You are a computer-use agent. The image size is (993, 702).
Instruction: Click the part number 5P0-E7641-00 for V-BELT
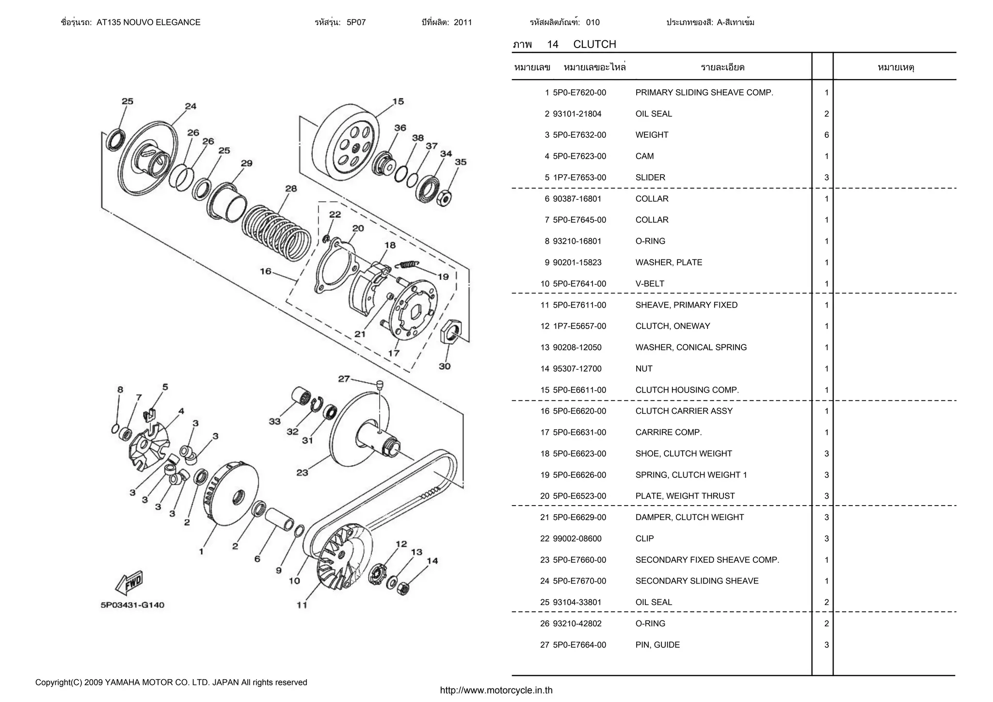tap(579, 284)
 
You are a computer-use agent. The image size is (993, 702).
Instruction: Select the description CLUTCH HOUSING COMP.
tap(687, 390)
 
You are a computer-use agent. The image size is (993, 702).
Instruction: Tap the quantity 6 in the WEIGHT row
tap(827, 135)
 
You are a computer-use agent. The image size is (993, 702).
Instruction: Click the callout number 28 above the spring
tap(291, 188)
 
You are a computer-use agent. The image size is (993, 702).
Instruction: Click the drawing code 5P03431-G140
tap(132, 605)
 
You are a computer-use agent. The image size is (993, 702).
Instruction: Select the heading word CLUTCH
tap(594, 44)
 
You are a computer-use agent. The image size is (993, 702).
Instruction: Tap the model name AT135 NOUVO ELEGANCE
tap(148, 22)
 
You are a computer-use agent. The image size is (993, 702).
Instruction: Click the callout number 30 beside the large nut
tap(445, 366)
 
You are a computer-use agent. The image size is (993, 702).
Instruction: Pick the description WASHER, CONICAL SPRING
tap(691, 347)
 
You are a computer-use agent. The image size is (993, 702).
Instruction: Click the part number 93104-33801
tap(577, 603)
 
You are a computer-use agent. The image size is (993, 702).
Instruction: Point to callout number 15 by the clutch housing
tap(398, 101)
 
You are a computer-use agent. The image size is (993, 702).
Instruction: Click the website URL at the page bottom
tap(496, 690)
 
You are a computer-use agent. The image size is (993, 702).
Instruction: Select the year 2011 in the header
tap(463, 22)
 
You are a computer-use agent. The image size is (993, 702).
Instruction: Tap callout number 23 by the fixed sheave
tap(302, 473)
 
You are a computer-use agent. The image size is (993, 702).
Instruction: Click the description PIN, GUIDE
tap(657, 645)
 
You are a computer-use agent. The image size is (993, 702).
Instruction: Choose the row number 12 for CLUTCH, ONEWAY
tap(545, 327)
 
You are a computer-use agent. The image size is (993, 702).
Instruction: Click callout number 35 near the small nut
tap(461, 162)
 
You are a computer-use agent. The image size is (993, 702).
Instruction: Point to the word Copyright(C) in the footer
tap(59, 683)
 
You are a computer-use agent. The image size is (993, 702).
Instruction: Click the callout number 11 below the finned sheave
tap(302, 605)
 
